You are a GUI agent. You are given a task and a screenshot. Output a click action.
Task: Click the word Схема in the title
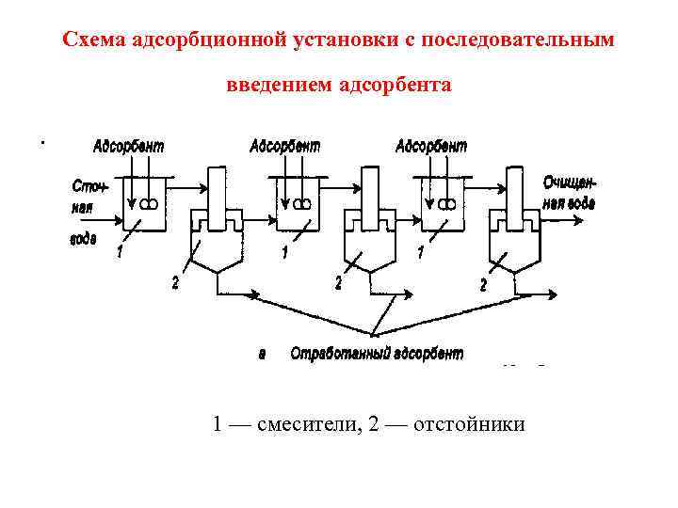pyautogui.click(x=92, y=40)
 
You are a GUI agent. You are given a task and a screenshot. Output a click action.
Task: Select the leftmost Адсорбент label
pyautogui.click(x=128, y=147)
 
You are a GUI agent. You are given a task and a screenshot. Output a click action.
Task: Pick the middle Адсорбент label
pyautogui.click(x=284, y=147)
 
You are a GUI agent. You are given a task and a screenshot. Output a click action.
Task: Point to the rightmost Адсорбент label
pyautogui.click(x=431, y=147)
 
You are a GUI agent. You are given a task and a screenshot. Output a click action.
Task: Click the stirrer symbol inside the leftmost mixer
pyautogui.click(x=149, y=203)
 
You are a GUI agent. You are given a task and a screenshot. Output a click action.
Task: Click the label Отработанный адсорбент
pyautogui.click(x=376, y=354)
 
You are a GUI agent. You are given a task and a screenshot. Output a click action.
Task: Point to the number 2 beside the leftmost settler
pyautogui.click(x=175, y=283)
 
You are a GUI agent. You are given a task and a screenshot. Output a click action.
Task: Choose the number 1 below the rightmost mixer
pyautogui.click(x=420, y=253)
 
